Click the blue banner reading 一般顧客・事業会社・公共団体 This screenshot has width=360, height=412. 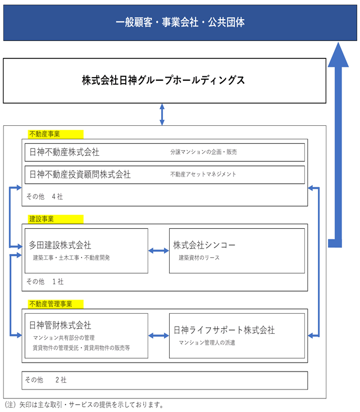click(180, 22)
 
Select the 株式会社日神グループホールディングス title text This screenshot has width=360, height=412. click(163, 80)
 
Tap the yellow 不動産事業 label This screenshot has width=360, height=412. click(56, 134)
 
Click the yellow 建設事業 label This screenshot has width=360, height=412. click(56, 219)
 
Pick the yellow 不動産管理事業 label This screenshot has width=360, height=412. click(56, 304)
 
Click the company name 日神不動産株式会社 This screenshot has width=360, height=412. click(65, 152)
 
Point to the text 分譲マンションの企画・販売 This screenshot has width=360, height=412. click(203, 152)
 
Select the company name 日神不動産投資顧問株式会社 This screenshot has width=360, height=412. click(80, 174)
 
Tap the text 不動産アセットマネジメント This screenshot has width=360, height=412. click(203, 174)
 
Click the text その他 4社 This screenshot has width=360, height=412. click(44, 197)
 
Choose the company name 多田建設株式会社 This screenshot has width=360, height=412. click(60, 245)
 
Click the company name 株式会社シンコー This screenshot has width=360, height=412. click(204, 245)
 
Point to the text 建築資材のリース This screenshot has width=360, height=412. click(199, 258)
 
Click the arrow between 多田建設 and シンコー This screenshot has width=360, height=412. click(158, 251)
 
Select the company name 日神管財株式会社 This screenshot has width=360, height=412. click(60, 325)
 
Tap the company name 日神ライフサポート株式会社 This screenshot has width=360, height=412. click(224, 330)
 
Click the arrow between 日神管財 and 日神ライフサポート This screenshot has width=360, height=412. click(158, 336)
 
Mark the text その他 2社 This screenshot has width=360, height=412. click(45, 380)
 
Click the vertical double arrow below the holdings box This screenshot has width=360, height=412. click(162, 114)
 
